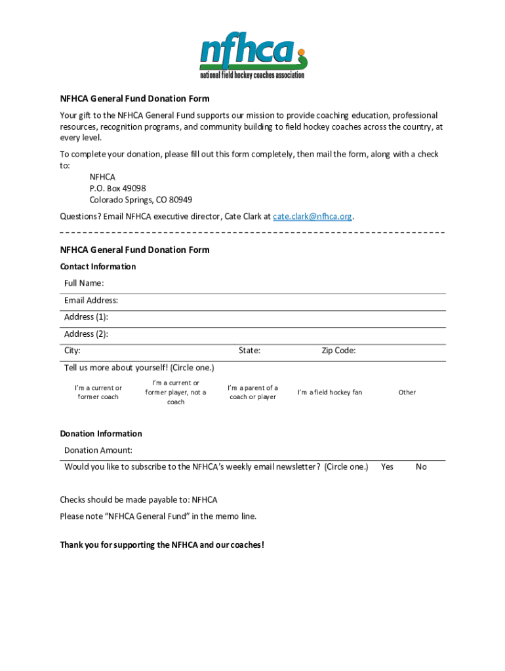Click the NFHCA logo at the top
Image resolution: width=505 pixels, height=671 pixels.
click(253, 56)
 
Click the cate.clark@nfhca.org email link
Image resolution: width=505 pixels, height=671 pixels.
click(313, 216)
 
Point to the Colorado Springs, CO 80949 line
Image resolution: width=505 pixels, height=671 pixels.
click(141, 200)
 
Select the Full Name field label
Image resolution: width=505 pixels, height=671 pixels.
click(84, 283)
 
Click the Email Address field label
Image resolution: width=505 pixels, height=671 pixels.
click(91, 300)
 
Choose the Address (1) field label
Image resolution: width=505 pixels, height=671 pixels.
click(87, 317)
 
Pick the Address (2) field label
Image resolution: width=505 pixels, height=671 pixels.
click(87, 334)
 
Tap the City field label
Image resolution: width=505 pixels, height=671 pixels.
click(73, 351)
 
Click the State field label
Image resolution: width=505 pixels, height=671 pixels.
click(249, 351)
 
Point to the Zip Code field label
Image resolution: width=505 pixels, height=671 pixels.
click(338, 351)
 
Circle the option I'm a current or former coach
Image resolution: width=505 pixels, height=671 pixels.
click(98, 393)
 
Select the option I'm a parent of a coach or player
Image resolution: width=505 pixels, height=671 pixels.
click(253, 393)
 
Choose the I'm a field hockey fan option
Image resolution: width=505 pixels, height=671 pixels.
click(330, 393)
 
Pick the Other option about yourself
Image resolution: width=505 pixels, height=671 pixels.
click(407, 393)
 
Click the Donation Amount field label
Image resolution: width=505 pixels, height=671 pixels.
click(98, 450)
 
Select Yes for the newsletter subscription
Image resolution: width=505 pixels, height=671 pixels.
click(388, 467)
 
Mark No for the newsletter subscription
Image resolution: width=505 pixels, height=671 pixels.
click(421, 467)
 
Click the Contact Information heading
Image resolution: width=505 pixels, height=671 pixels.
click(98, 267)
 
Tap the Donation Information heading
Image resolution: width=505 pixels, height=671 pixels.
click(101, 434)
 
